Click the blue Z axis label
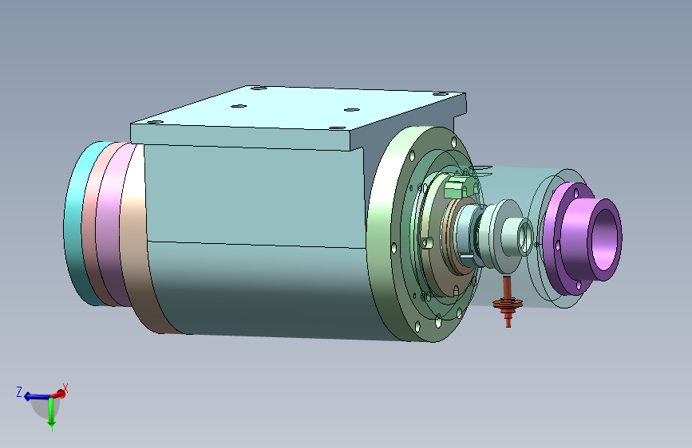point(19,392)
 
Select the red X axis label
point(65,388)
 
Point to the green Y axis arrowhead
point(52,426)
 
